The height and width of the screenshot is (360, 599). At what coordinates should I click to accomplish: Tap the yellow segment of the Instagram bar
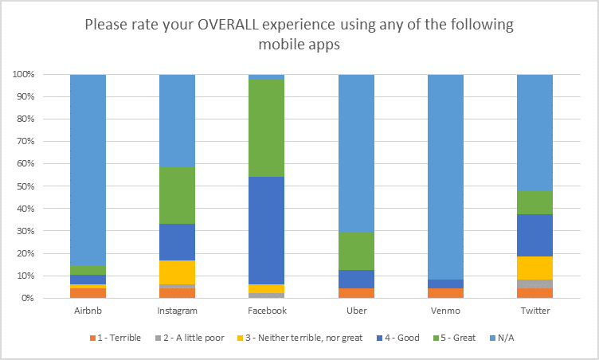(x=178, y=272)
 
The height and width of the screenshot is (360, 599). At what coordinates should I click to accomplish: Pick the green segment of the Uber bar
(x=356, y=251)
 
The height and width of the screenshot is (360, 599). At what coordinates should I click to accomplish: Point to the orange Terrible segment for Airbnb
(x=88, y=292)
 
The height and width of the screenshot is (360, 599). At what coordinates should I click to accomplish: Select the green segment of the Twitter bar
(x=534, y=202)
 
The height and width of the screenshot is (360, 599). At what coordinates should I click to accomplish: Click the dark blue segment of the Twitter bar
(x=534, y=235)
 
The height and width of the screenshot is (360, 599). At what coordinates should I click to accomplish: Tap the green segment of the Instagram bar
(x=178, y=195)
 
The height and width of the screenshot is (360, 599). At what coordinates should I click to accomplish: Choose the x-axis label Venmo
(x=445, y=311)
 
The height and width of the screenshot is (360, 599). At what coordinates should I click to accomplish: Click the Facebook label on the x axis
(x=267, y=311)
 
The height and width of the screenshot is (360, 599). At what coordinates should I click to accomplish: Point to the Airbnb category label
(x=88, y=311)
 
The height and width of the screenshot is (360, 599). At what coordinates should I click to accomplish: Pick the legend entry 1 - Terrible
(x=115, y=338)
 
